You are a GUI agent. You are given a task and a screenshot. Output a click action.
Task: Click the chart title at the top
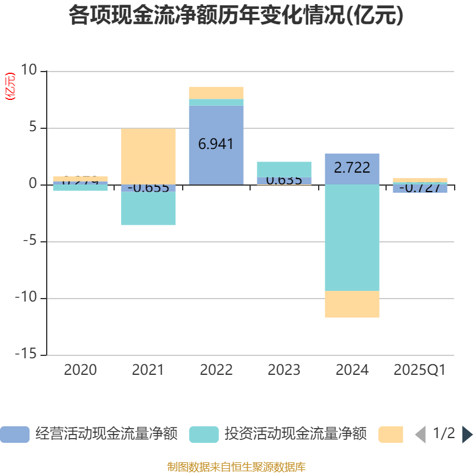coord(236,15)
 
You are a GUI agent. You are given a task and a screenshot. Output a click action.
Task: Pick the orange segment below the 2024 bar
coord(352,304)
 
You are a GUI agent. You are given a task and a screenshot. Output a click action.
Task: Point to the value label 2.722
coord(352,167)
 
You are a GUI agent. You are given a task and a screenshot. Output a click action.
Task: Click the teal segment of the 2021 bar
coord(148,209)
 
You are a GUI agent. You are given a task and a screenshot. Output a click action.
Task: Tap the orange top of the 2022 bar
coord(216,93)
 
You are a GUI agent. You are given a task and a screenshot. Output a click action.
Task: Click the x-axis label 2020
coord(80,370)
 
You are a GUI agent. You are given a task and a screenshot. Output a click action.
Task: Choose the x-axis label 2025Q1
coord(419,370)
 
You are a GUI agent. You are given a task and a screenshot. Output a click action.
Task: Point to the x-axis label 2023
coord(284,370)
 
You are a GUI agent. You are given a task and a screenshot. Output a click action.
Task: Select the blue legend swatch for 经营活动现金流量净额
coord(15,435)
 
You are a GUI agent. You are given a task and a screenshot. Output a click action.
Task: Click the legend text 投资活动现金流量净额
coord(295,434)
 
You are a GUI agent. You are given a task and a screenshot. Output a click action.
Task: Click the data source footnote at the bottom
coord(236,466)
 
